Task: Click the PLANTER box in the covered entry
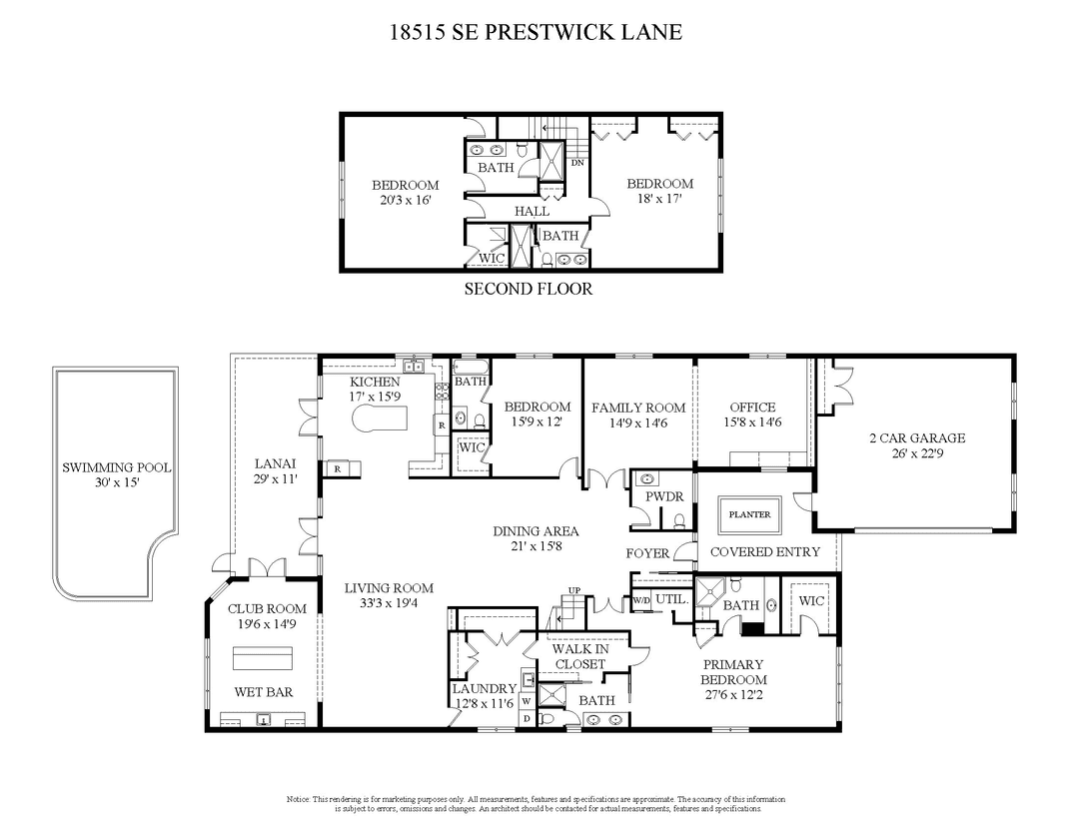pyautogui.click(x=749, y=514)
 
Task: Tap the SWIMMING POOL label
pyautogui.click(x=116, y=467)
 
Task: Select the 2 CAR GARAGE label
pyautogui.click(x=917, y=437)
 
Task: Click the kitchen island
pyautogui.click(x=380, y=417)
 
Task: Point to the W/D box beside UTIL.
pyautogui.click(x=640, y=600)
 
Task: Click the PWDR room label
pyautogui.click(x=664, y=496)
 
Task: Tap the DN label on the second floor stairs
pyautogui.click(x=577, y=163)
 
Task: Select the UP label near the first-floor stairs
pyautogui.click(x=573, y=590)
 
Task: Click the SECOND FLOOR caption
pyautogui.click(x=529, y=289)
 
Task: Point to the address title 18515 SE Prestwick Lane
pyautogui.click(x=537, y=32)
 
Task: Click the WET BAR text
pyautogui.click(x=264, y=692)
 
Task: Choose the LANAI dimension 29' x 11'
pyautogui.click(x=276, y=479)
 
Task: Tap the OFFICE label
pyautogui.click(x=753, y=408)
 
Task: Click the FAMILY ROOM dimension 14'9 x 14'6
pyautogui.click(x=638, y=422)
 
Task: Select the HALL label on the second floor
pyautogui.click(x=532, y=212)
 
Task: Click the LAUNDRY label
pyautogui.click(x=485, y=689)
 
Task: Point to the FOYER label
pyautogui.click(x=647, y=553)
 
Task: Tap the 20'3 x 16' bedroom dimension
pyautogui.click(x=406, y=200)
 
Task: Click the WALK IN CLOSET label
pyautogui.click(x=580, y=656)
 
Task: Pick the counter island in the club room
pyautogui.click(x=262, y=658)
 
